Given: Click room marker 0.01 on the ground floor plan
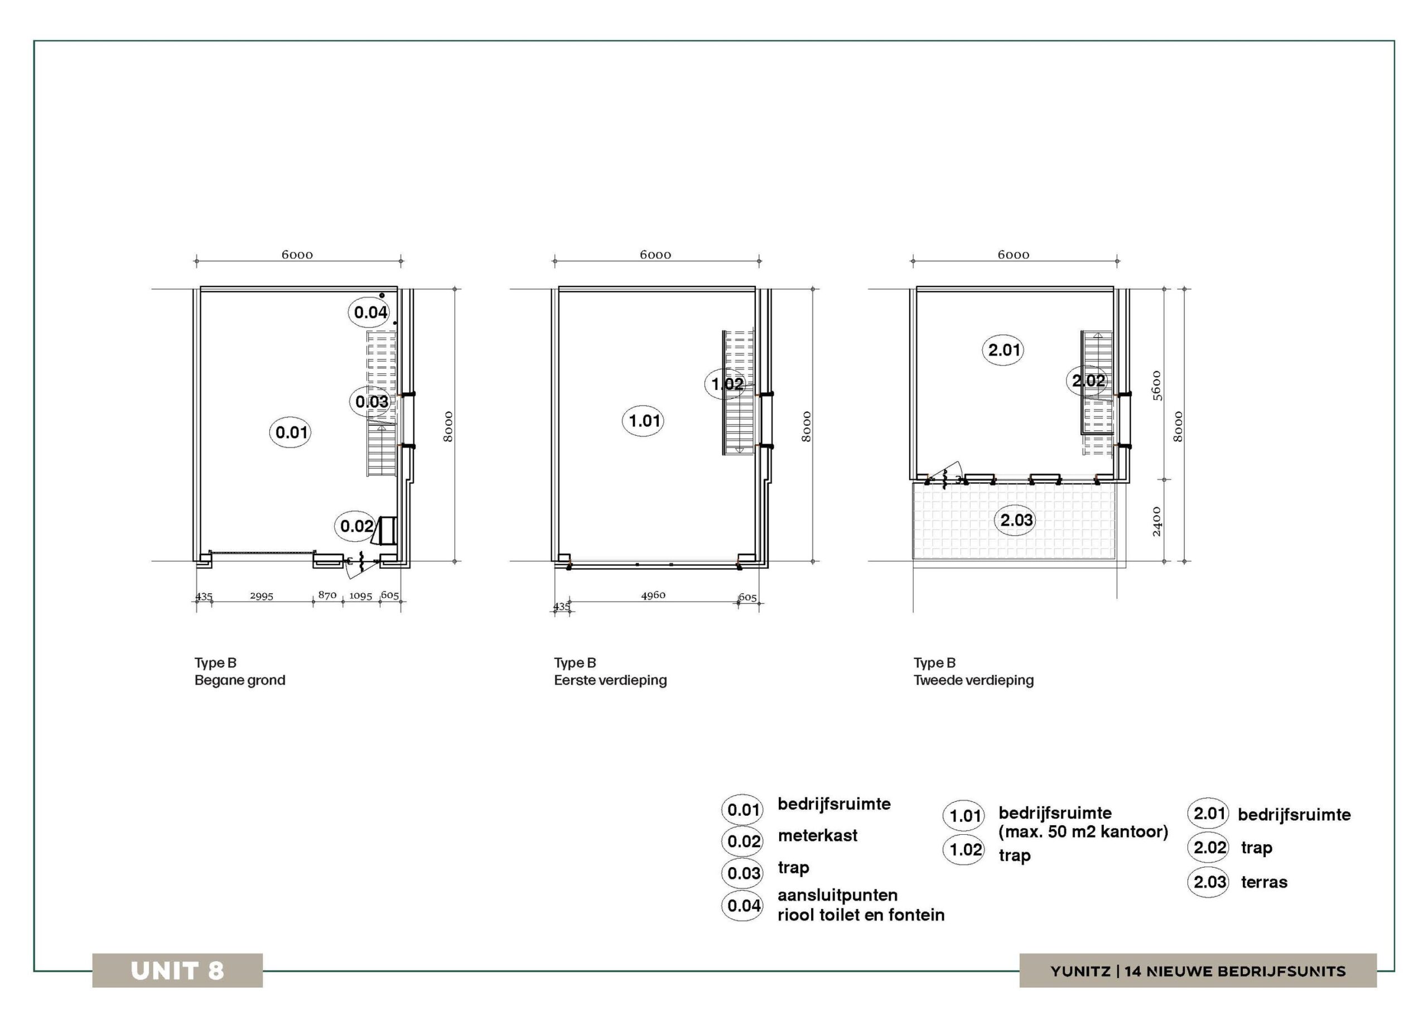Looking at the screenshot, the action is point(291,432).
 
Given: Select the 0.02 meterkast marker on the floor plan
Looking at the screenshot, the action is point(356,526).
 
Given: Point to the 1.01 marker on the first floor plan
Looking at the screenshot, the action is point(643,421).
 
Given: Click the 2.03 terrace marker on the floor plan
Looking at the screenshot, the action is point(1016,519).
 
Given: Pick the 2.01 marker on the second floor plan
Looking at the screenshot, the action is point(1003,350).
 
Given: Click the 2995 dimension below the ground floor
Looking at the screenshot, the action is point(262,596).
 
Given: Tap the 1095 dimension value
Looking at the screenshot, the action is point(361,596).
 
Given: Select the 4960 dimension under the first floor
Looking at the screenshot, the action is point(653,595).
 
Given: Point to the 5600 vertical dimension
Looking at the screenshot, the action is point(1157,386).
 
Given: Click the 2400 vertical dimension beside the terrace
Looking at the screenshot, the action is point(1157,522).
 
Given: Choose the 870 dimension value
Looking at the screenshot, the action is point(327,595).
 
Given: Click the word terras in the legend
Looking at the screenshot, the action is point(1264,882).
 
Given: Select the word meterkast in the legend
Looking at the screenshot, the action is point(817,835).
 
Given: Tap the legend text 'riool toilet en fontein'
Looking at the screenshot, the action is point(861,915).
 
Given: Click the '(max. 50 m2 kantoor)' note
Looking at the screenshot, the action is point(1083,831).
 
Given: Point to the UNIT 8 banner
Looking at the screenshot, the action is point(177,970).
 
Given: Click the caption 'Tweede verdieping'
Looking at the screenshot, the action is point(973,680).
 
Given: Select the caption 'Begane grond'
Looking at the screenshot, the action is point(239,680).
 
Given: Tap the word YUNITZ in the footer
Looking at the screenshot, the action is point(1080,971).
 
